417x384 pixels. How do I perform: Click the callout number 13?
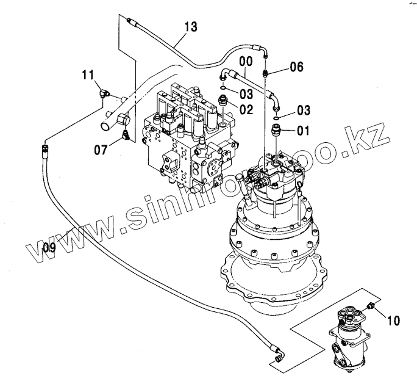click(x=190, y=26)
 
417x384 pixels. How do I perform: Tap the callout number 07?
click(x=102, y=148)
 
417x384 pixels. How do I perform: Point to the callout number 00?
click(x=245, y=62)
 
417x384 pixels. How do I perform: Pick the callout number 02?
click(x=246, y=110)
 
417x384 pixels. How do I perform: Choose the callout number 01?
click(x=303, y=129)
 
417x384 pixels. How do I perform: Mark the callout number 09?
click(x=49, y=247)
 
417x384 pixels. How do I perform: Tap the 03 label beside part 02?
click(x=246, y=93)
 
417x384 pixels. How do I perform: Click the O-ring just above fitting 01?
click(x=277, y=117)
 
